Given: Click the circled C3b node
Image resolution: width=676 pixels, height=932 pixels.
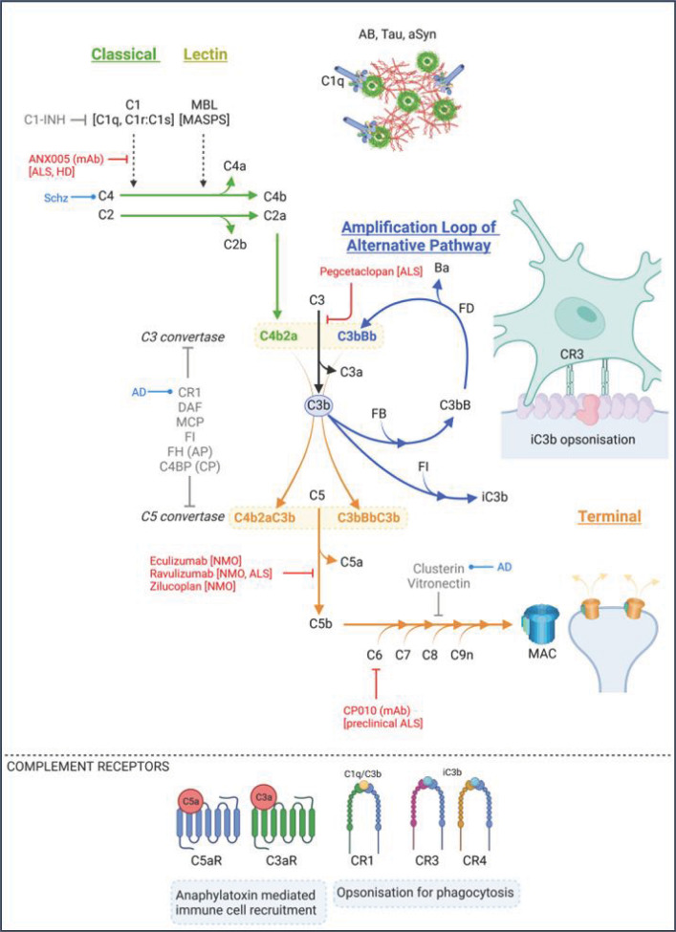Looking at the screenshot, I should [318, 405].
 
